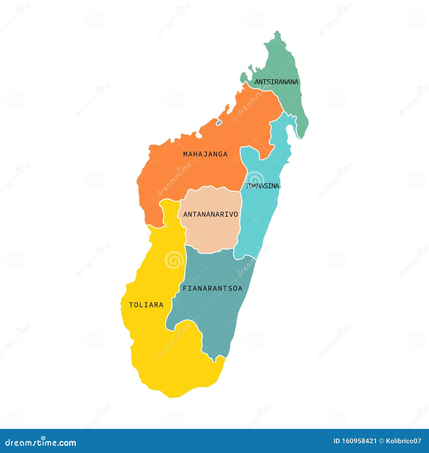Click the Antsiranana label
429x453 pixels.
tap(276, 82)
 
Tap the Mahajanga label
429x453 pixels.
tap(205, 154)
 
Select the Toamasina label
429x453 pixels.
tap(262, 186)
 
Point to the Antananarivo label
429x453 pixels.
tap(210, 214)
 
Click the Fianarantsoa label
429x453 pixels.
tap(212, 288)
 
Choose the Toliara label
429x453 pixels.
tap(146, 305)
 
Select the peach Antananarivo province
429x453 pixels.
tap(212, 231)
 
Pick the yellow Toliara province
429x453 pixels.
tap(166, 362)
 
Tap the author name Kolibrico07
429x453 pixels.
tap(404, 441)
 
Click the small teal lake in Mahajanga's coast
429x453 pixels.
tap(219, 122)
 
